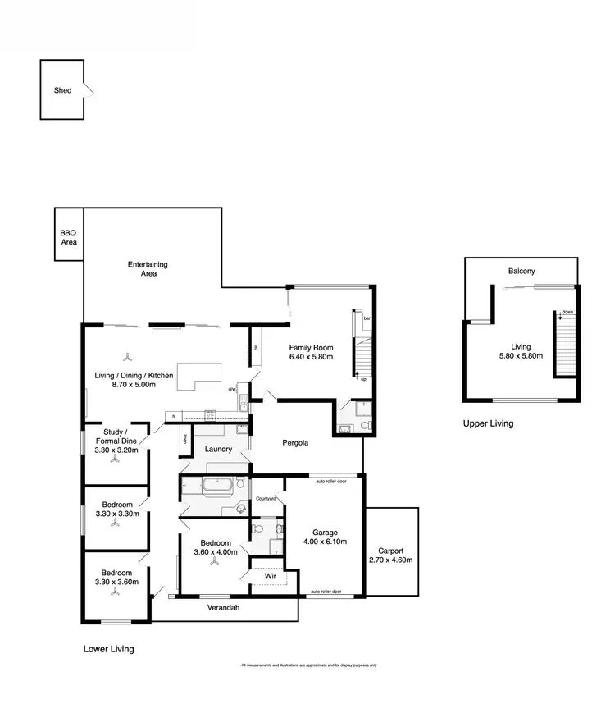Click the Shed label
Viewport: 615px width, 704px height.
[x=62, y=90]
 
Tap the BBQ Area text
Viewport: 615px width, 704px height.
[x=68, y=238]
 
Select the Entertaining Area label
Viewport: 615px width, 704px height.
[x=148, y=269]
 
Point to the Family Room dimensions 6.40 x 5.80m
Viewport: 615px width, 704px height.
[x=310, y=357]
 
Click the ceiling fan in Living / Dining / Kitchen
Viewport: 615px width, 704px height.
[x=126, y=358]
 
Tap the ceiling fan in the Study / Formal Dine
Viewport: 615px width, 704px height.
[x=115, y=459]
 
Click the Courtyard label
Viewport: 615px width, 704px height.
[x=265, y=498]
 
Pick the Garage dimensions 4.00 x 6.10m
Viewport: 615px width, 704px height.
[x=325, y=542]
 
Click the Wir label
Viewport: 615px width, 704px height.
[x=270, y=577]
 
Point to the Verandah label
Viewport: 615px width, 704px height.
[x=222, y=608]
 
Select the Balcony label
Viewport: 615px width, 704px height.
[x=522, y=271]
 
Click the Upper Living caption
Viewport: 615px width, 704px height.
[x=488, y=423]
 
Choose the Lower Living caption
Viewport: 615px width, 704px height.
[x=108, y=649]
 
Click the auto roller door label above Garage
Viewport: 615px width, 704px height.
[x=331, y=482]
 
